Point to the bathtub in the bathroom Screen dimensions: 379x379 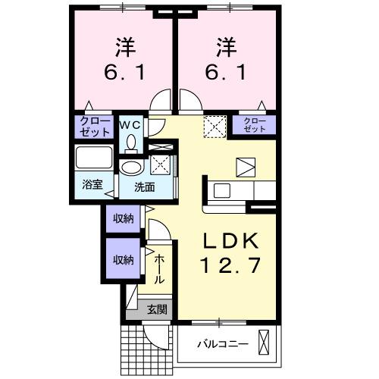coord(94,160)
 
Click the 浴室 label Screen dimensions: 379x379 coord(92,184)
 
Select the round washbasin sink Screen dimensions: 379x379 coord(132,168)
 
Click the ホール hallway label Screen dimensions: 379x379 coord(160,269)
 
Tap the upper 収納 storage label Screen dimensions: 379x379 coord(124,219)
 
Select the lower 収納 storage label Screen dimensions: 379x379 coord(124,260)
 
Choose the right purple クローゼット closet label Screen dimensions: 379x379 coord(255,126)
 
